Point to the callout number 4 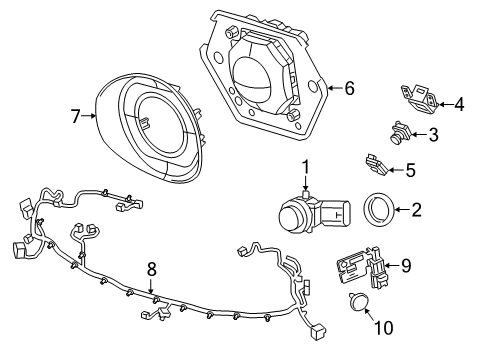pos(458,103)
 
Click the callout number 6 pos(349,88)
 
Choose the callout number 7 pos(75,117)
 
